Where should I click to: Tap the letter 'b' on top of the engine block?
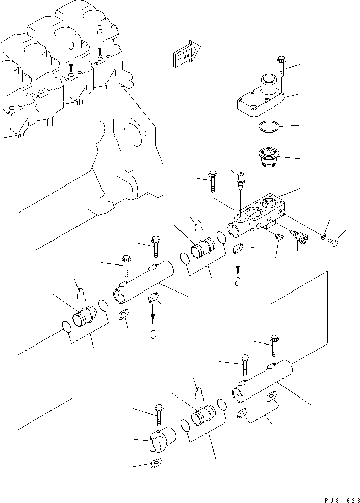point(71,46)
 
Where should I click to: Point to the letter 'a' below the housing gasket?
point(238,281)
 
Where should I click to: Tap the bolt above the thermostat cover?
point(281,66)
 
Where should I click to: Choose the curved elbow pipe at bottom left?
point(162,439)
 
